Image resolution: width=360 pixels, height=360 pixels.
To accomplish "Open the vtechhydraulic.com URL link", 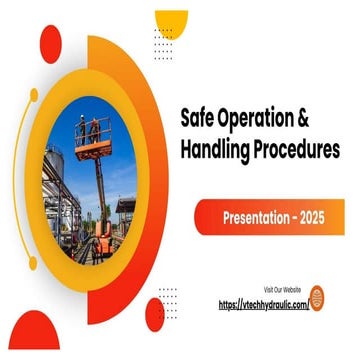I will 262,303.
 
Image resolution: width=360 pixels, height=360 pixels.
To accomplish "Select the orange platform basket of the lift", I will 93,145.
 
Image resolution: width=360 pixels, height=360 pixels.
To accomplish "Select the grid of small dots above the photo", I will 163,45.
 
